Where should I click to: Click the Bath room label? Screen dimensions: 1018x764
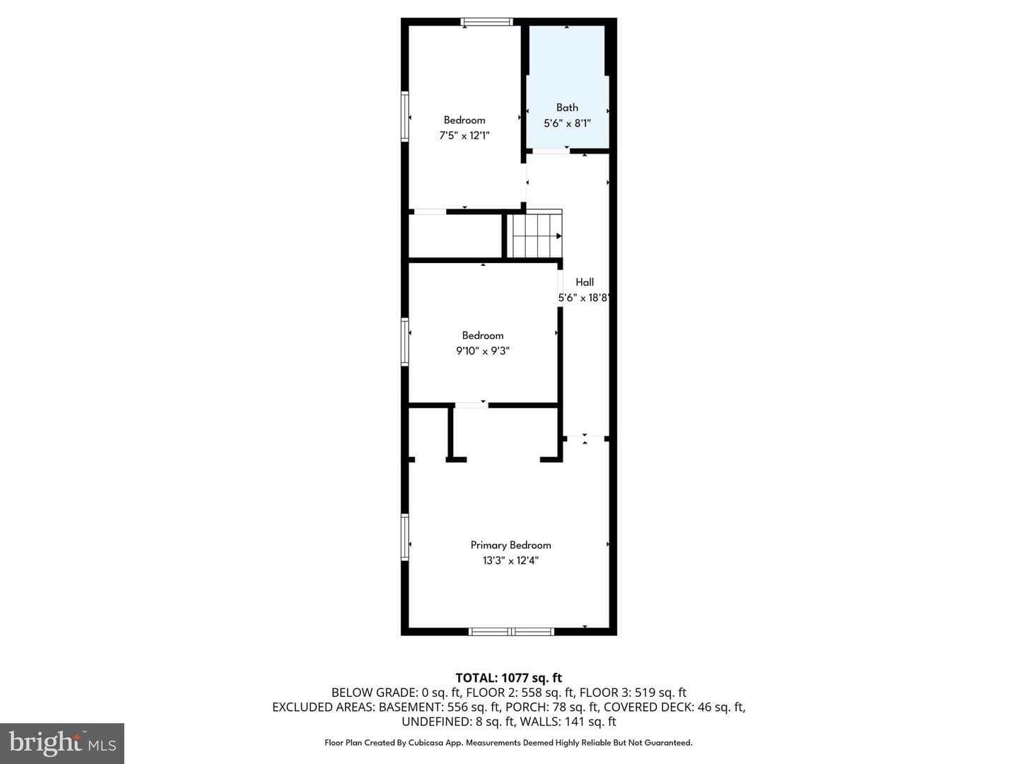[x=567, y=108]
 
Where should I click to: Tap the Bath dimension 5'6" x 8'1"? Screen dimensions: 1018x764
[x=567, y=123]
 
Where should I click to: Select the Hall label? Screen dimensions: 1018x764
[x=585, y=282]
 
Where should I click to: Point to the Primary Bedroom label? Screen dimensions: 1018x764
[x=510, y=545]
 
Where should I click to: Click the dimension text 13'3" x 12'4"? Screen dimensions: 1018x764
[x=510, y=561]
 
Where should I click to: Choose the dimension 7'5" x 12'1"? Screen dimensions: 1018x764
[x=464, y=136]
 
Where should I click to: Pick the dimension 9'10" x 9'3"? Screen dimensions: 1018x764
[x=483, y=351]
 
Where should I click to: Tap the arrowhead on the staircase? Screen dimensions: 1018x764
[x=559, y=236]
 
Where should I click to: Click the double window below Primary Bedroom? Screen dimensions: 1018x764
[x=511, y=631]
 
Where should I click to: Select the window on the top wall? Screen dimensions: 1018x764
[x=487, y=21]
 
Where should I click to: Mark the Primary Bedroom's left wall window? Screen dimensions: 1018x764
[x=405, y=537]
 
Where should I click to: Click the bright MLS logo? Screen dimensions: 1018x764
[x=62, y=743]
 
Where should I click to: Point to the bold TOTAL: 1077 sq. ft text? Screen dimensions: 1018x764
[x=509, y=678]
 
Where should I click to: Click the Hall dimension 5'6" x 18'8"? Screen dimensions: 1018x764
[x=583, y=298]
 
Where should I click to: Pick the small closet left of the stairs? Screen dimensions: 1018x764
[x=455, y=236]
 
